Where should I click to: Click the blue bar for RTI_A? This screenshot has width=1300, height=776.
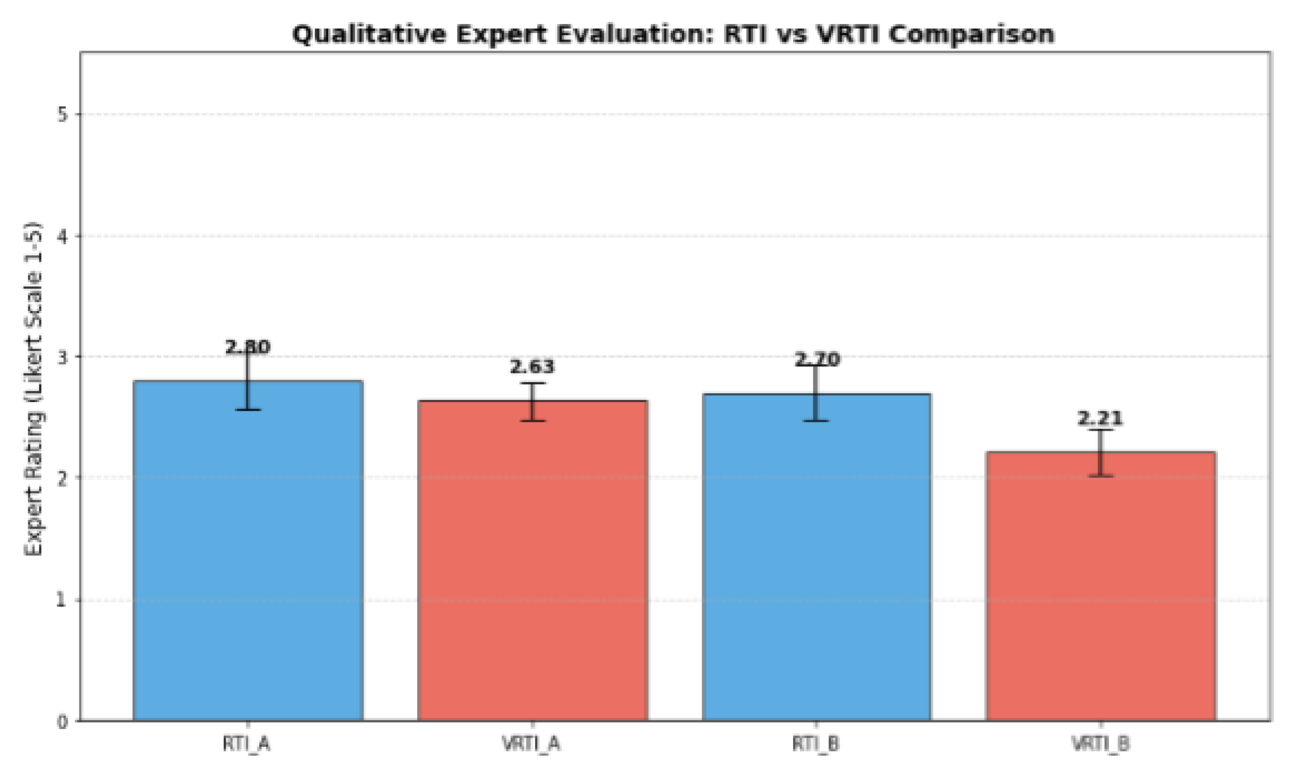coord(248,550)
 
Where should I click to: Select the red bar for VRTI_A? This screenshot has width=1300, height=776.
coord(533,561)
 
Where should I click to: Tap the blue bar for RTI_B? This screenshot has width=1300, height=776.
coord(817,557)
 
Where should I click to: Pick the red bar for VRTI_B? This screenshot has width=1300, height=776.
coord(1100,586)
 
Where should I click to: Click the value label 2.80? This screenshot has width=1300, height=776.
coord(248,347)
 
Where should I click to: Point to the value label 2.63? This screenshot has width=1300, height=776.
coord(533,366)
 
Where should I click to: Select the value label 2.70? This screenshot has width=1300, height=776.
coord(817,359)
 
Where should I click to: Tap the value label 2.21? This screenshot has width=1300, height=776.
coord(1100,418)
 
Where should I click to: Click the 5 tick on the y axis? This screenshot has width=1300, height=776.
coord(63,114)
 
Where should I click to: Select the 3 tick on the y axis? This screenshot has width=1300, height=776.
coord(63,357)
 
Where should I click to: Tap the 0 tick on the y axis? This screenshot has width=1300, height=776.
coord(63,722)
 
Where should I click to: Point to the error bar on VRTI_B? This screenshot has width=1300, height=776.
coord(1100,453)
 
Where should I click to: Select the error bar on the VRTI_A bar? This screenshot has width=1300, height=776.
coord(533,402)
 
